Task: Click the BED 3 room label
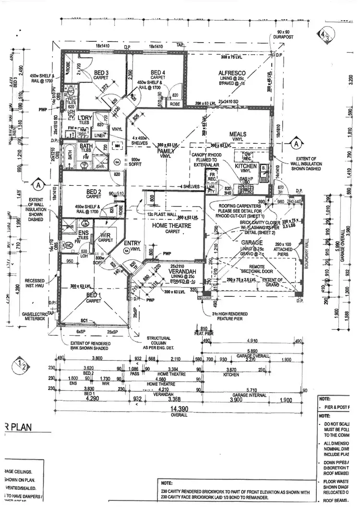[100, 73]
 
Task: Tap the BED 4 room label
[157, 73]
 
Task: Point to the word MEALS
[238, 134]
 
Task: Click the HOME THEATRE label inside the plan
[171, 225]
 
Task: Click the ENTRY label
[132, 243]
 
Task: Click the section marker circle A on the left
[37, 185]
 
